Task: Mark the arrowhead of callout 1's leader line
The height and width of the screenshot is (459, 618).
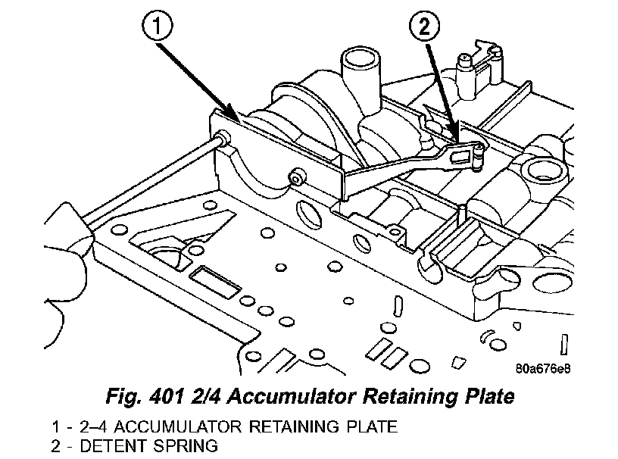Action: point(241,121)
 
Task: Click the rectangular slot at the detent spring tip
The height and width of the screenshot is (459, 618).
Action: point(460,157)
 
